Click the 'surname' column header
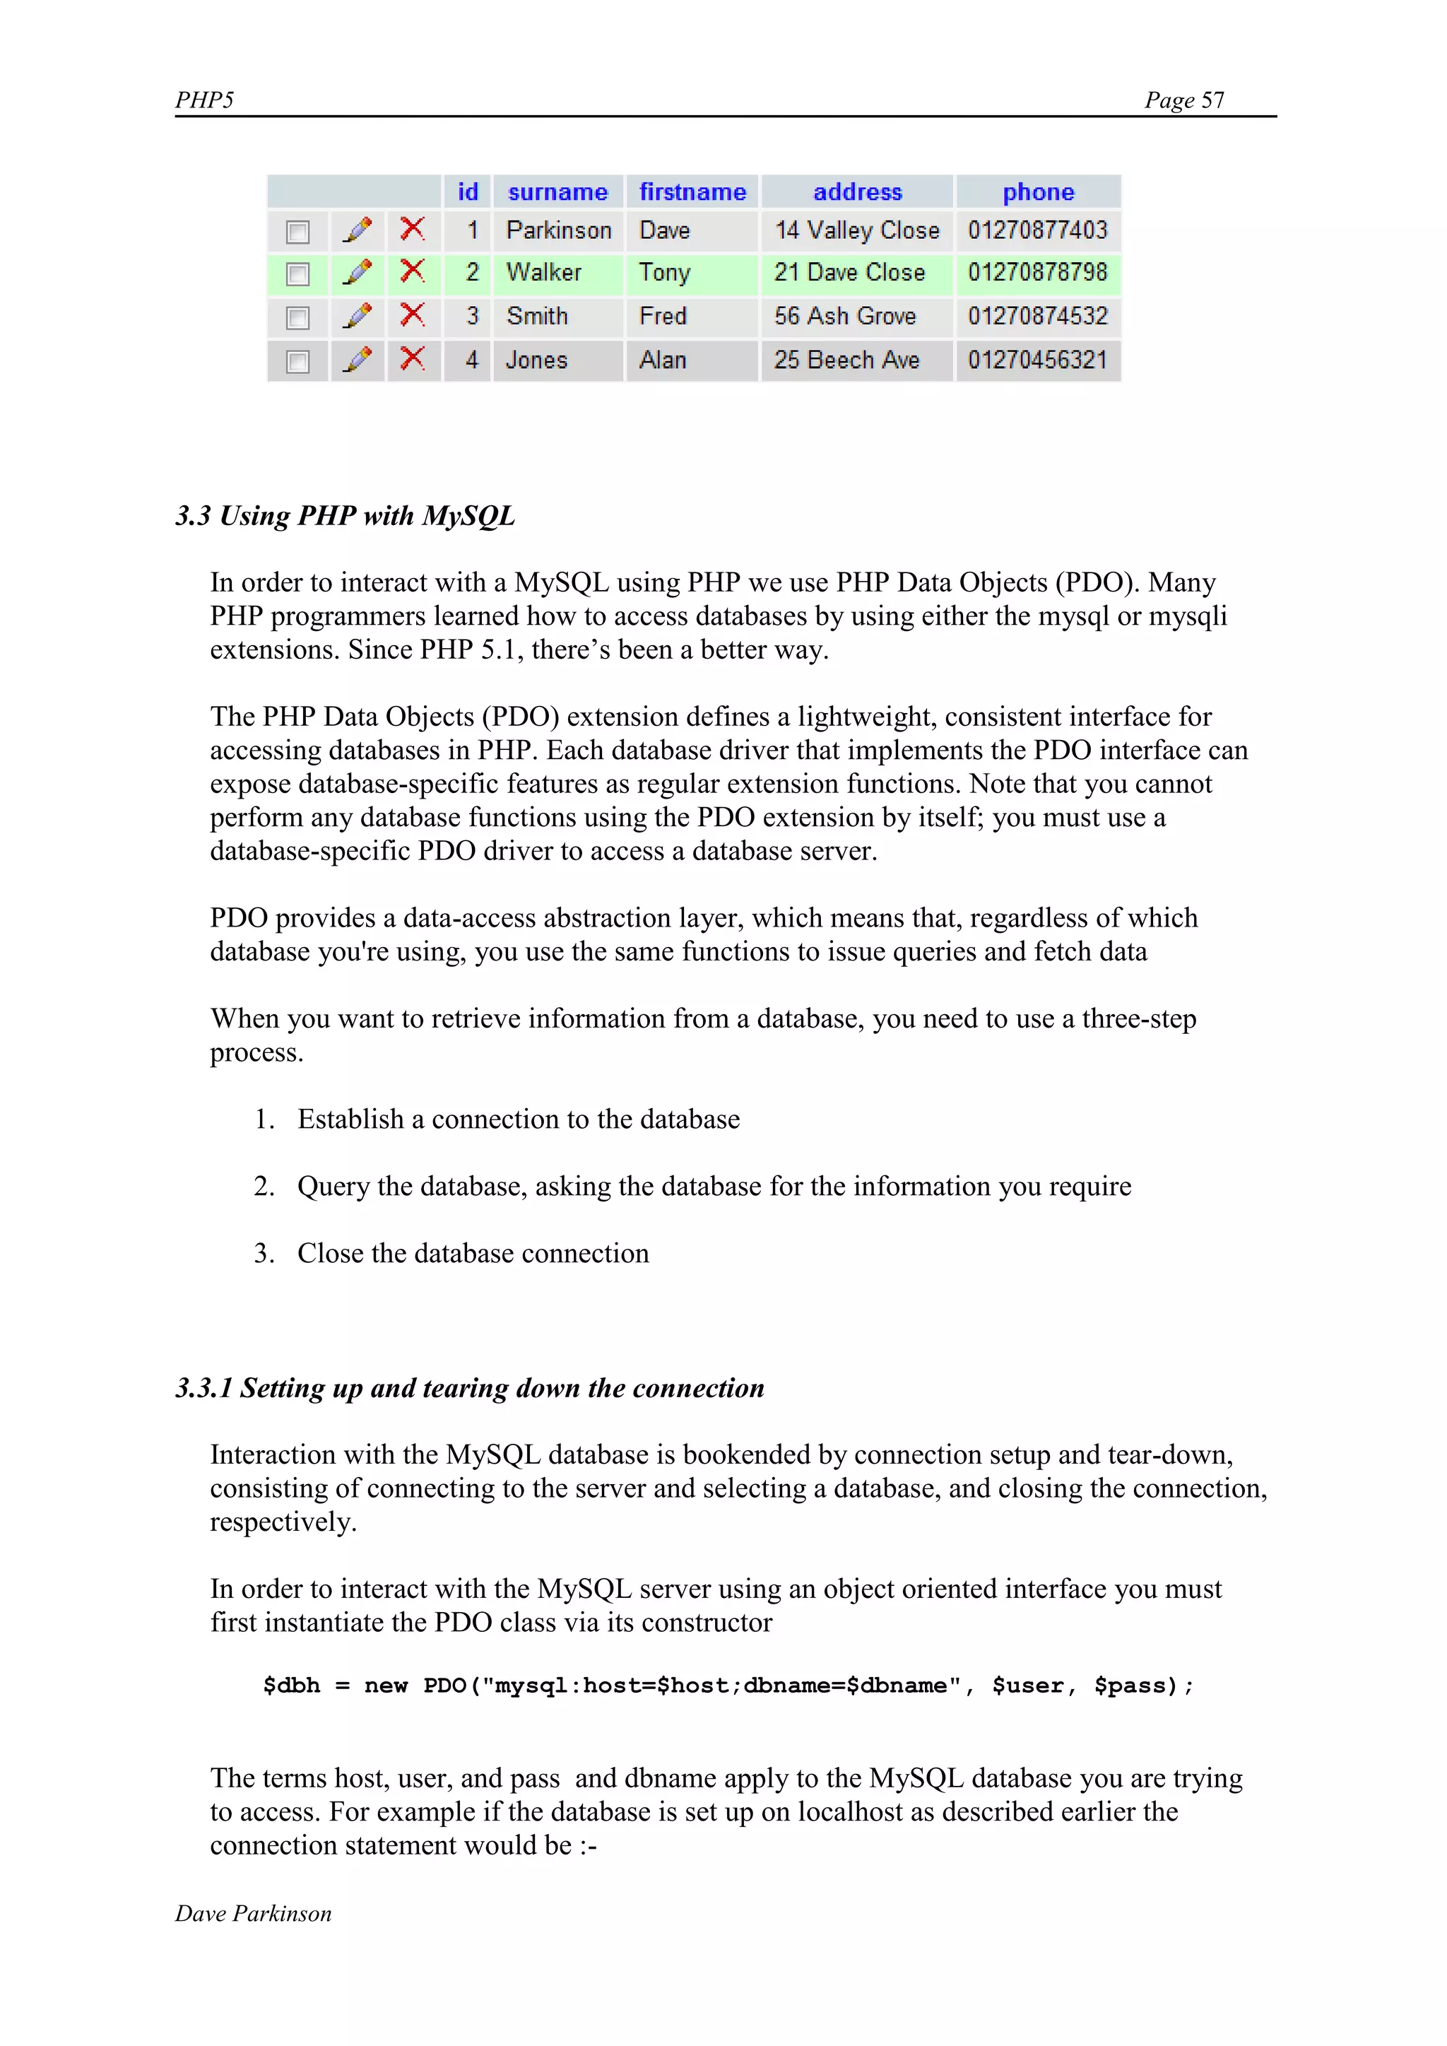click(x=557, y=192)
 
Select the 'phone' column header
click(x=1038, y=192)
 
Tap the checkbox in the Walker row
click(x=297, y=274)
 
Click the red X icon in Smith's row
click(x=412, y=314)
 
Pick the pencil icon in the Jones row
click(x=358, y=359)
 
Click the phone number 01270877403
click(x=1037, y=231)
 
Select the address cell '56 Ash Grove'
click(x=845, y=317)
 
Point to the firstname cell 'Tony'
click(x=665, y=273)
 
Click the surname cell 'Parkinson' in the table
click(x=559, y=231)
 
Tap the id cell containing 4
click(x=471, y=360)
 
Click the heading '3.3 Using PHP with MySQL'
click(x=345, y=516)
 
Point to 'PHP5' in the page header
click(x=204, y=100)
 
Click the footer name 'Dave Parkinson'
click(x=253, y=1914)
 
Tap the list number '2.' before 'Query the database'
click(x=264, y=1186)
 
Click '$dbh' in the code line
click(x=291, y=1686)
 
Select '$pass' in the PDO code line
click(x=1129, y=1686)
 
